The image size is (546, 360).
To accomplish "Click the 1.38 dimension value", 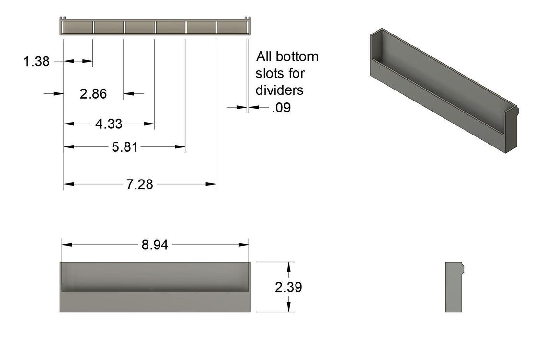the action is point(36,62).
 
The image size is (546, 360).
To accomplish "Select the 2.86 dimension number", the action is point(93,94).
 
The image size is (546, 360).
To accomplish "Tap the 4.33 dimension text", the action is point(109,124).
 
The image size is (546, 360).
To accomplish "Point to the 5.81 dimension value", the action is point(125,147).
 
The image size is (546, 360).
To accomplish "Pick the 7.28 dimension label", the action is point(140,184).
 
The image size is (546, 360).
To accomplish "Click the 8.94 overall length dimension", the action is point(155,245).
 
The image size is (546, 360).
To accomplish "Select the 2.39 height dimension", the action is point(288,287).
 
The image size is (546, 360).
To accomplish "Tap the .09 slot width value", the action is point(281,108).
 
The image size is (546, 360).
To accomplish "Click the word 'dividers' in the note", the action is point(279,90).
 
